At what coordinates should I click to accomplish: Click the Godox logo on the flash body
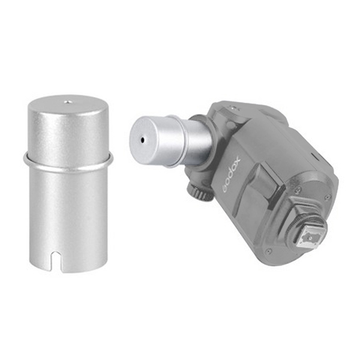(231, 174)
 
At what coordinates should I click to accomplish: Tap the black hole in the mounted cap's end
(143, 139)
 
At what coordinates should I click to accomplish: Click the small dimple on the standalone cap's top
(67, 101)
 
